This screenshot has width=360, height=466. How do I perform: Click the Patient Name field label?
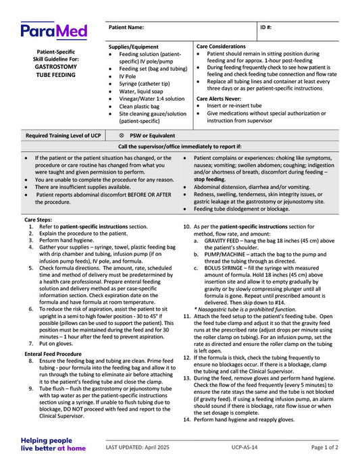tap(126, 27)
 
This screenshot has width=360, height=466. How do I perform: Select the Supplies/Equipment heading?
tap(134, 47)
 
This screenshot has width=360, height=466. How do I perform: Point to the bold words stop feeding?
tap(210, 180)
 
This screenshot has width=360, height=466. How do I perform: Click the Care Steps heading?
tap(38, 220)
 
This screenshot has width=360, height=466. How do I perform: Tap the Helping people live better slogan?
tap(53, 443)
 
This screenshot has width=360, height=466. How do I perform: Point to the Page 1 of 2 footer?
tap(325, 447)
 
